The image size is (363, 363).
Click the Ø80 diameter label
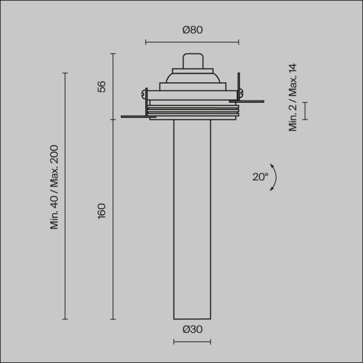[x=192, y=30]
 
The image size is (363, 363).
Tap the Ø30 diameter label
[x=192, y=329]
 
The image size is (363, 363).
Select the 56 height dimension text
[x=102, y=87]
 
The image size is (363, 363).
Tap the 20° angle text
[x=260, y=177]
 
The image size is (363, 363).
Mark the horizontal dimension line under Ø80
[x=192, y=42]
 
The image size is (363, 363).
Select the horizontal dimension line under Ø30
[x=192, y=342]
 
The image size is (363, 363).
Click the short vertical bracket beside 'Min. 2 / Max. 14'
[x=305, y=111]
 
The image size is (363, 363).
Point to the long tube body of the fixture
[x=192, y=218]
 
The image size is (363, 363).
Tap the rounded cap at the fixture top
[x=192, y=61]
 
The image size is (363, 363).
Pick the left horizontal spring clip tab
[x=133, y=116]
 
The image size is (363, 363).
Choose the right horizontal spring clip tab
[x=251, y=101]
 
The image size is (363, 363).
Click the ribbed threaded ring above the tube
[x=192, y=111]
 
